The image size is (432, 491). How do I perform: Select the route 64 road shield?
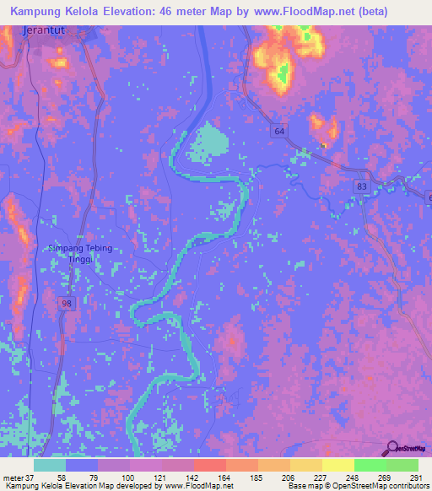[279, 130]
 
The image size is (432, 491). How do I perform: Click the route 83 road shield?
[362, 186]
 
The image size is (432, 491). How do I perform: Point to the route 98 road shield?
[66, 302]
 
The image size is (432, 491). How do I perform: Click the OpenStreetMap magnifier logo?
[391, 449]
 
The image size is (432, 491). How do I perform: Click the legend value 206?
[291, 478]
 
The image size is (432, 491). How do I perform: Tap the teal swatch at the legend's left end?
[50, 465]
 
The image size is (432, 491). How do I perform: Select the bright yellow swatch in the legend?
[338, 465]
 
